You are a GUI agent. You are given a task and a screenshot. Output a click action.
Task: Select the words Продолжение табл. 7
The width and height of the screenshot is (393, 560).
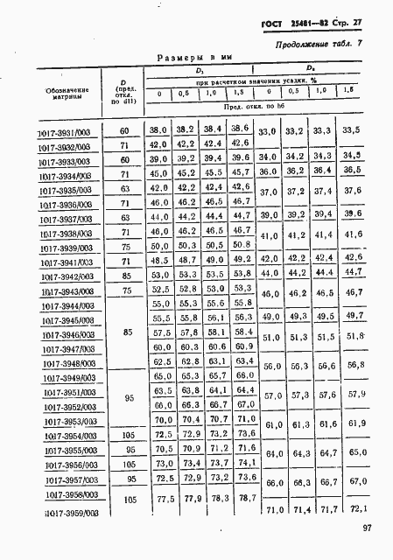(x=323, y=43)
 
